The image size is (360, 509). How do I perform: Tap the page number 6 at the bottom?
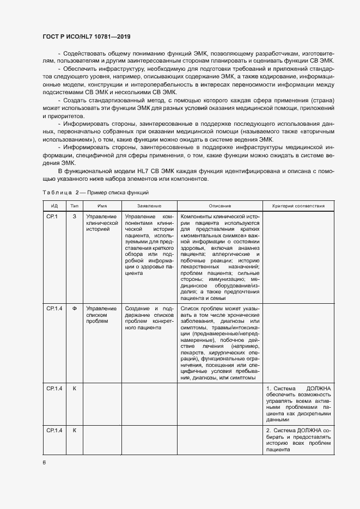(44, 462)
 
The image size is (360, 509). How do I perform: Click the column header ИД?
(54, 206)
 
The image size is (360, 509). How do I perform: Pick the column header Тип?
(74, 206)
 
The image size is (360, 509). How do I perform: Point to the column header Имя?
(102, 206)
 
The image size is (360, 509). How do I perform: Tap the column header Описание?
(219, 206)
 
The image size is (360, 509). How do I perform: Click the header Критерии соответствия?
(298, 206)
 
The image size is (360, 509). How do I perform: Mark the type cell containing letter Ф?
(74, 308)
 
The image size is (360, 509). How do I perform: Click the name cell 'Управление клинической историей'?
(102, 223)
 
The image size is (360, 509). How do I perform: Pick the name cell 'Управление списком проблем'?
(101, 315)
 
